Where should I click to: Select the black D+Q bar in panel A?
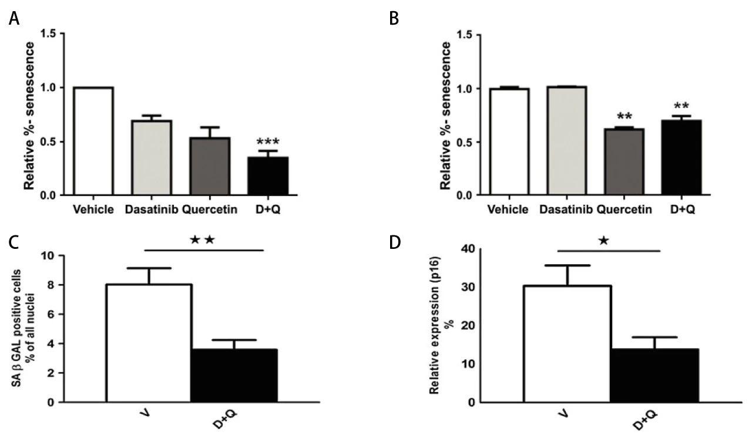click(267, 176)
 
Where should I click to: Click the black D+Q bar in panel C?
click(234, 376)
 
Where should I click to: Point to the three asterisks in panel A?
click(268, 143)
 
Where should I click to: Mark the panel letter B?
click(394, 19)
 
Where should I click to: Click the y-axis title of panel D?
click(436, 328)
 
